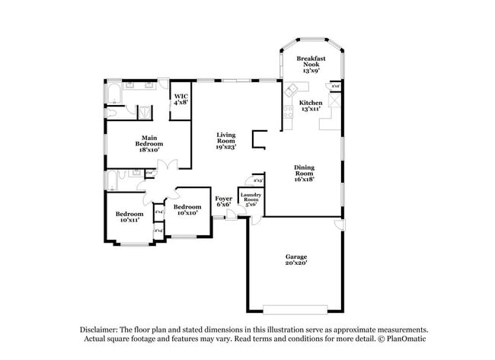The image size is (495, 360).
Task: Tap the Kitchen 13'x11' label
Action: [x=310, y=105]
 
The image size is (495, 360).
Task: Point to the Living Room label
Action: [x=225, y=141]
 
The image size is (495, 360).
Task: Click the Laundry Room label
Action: [x=250, y=199]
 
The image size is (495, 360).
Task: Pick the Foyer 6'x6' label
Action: [x=223, y=201]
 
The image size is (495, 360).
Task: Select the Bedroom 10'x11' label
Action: [x=129, y=217]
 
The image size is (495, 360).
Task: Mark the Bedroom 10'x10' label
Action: [x=187, y=209]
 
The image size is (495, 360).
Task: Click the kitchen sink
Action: [x=291, y=91]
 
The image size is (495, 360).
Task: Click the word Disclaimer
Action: [x=102, y=330]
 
